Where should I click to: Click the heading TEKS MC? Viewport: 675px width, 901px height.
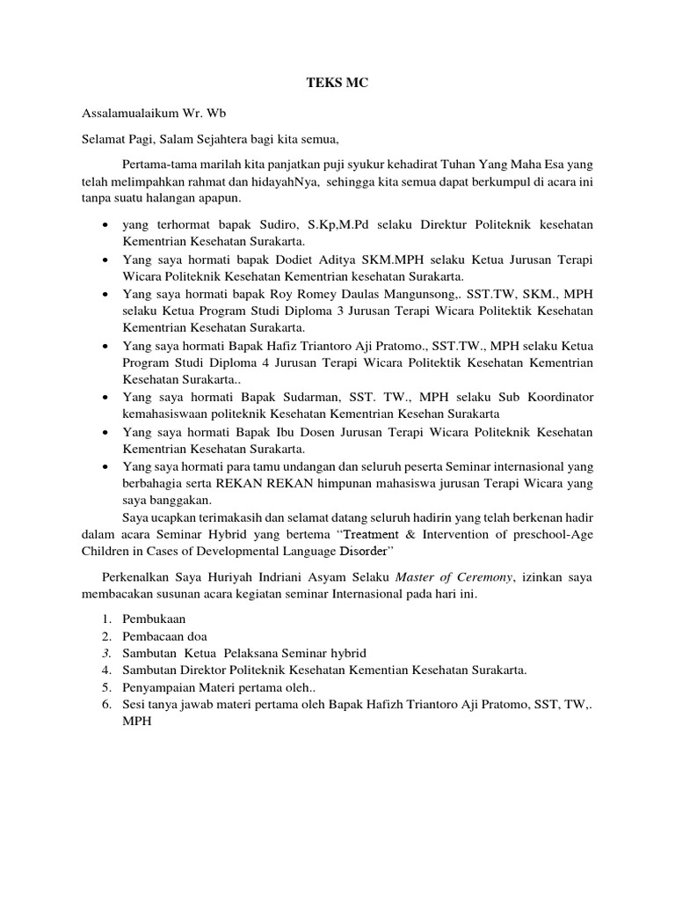[337, 83]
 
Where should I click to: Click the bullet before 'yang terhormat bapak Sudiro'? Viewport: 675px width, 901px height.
[105, 226]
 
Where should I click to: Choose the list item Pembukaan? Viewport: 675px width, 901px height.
[154, 619]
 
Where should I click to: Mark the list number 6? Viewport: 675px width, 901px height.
[105, 704]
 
